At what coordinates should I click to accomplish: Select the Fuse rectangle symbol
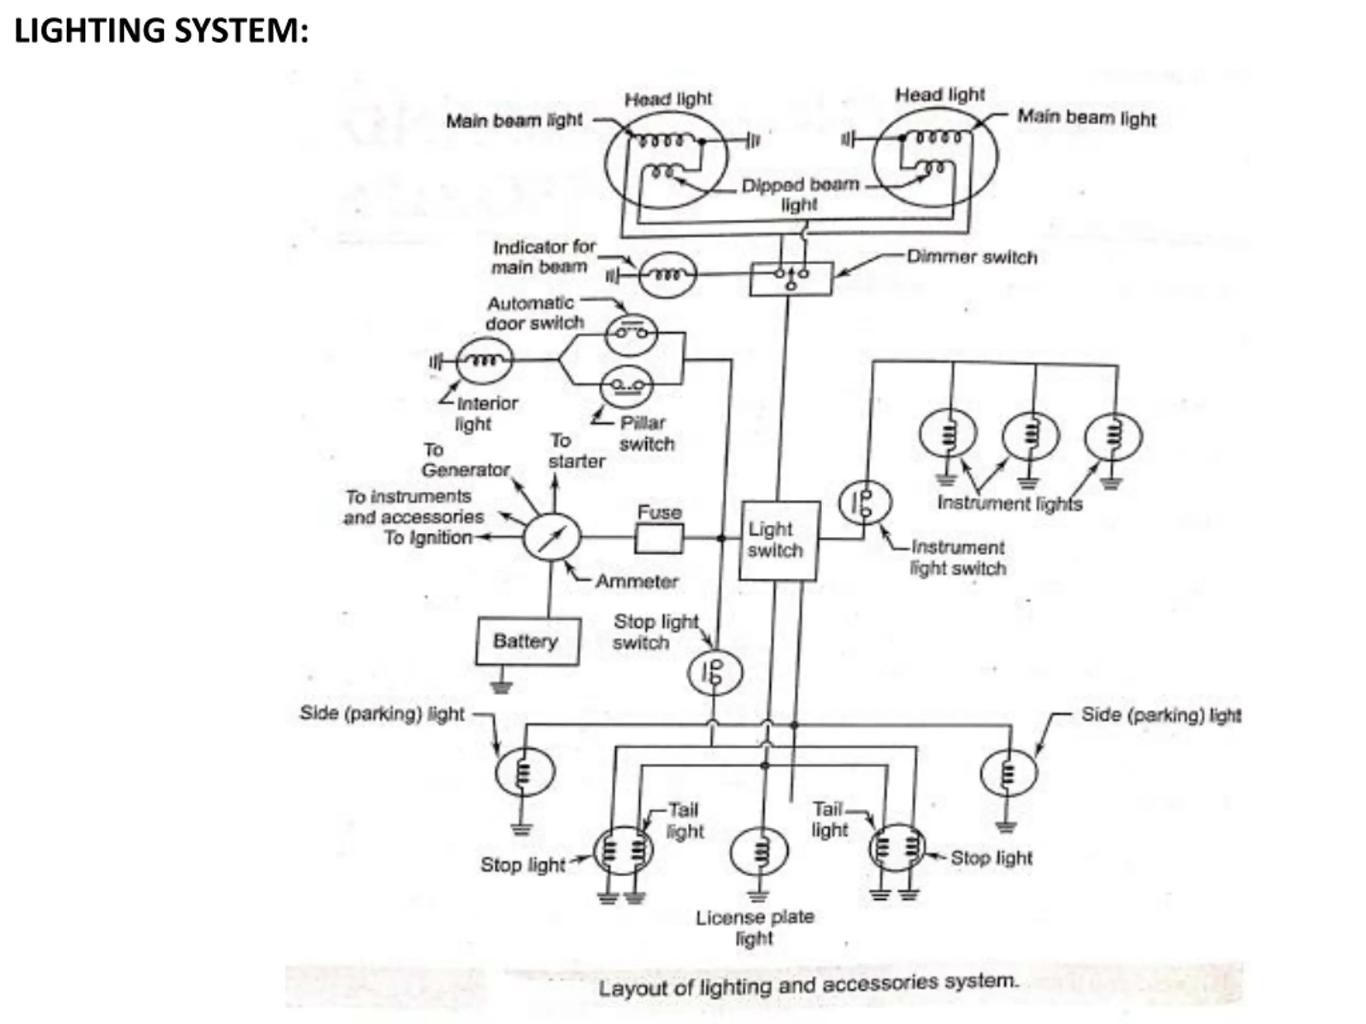pyautogui.click(x=660, y=538)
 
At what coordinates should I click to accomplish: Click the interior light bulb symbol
pyautogui.click(x=484, y=361)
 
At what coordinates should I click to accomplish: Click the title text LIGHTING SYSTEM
pyautogui.click(x=161, y=31)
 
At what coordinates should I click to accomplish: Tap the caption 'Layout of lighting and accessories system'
pyautogui.click(x=808, y=985)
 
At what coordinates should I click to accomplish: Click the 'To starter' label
pyautogui.click(x=576, y=451)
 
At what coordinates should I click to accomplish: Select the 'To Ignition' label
pyautogui.click(x=428, y=538)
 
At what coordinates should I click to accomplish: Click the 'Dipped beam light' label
pyautogui.click(x=800, y=195)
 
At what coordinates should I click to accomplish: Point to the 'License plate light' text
pyautogui.click(x=755, y=927)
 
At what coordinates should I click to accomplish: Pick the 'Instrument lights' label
pyautogui.click(x=1010, y=503)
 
